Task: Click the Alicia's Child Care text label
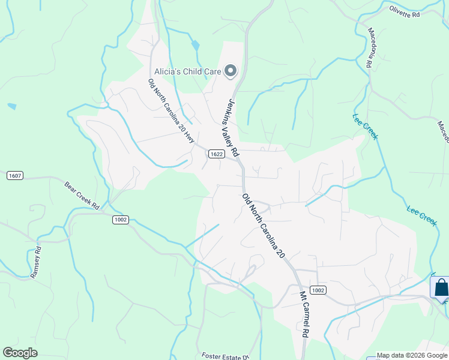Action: coord(188,71)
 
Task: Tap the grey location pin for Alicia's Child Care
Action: coord(231,71)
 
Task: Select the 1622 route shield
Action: coord(217,154)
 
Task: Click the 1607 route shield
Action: coord(15,176)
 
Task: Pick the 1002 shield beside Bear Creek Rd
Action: coord(120,220)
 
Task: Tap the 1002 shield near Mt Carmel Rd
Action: coord(319,290)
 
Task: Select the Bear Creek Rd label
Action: coord(82,193)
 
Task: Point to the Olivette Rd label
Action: coord(403,11)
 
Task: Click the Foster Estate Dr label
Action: coord(226,356)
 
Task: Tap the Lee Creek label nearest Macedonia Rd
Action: coord(366,127)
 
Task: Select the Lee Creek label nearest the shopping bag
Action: coord(421,215)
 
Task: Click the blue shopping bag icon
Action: coord(441,287)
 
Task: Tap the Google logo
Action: coord(20,353)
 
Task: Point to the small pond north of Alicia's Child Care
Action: coord(196,45)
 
